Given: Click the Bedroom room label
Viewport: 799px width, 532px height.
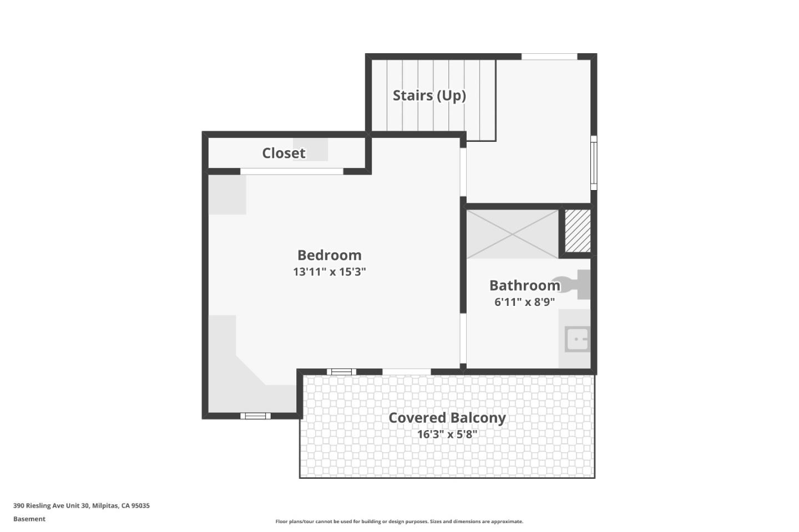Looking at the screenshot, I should [329, 255].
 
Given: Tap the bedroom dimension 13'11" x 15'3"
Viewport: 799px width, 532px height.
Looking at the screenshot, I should [329, 272].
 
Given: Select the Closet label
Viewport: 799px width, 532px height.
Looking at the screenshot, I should [284, 153].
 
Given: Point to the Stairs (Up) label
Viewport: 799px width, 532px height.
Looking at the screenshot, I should [429, 95].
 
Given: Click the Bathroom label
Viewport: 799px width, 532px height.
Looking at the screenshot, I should [524, 285].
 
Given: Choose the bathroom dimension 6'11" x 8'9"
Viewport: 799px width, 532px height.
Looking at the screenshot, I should [524, 302].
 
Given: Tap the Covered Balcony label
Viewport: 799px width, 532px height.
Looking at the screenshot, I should [447, 418].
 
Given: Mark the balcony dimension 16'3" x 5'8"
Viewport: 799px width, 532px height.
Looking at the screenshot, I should [447, 434].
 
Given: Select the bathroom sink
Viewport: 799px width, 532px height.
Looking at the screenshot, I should [577, 339].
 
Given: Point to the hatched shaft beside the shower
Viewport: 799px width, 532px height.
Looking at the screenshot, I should [577, 230].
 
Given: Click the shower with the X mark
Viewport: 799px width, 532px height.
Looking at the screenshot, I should [512, 234].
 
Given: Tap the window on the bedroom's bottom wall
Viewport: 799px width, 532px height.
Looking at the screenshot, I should [255, 416].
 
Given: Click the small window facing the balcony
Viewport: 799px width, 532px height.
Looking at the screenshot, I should [341, 372].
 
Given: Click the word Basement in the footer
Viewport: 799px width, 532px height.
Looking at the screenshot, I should [29, 519].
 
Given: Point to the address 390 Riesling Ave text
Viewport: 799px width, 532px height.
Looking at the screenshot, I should [82, 505].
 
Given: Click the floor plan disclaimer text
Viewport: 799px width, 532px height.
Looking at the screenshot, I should [399, 521].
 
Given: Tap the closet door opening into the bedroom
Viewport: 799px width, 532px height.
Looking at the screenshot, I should [291, 171].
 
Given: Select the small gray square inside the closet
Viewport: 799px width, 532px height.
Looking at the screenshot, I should [311, 149].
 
